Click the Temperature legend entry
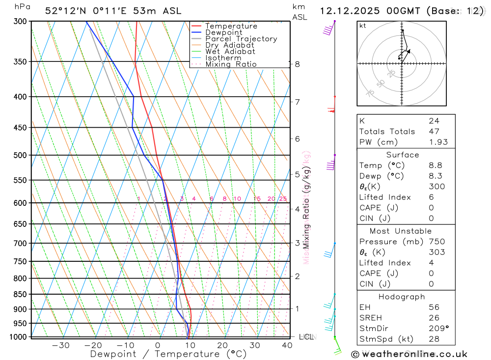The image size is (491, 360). [x=231, y=26]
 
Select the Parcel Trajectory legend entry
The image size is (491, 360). [x=241, y=39]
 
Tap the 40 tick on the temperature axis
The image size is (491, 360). [x=287, y=345]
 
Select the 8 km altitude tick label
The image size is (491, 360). [x=298, y=64]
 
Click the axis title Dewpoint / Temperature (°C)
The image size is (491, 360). [x=168, y=354]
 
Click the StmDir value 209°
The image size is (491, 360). [x=438, y=328]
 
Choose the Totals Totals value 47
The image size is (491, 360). [x=434, y=131]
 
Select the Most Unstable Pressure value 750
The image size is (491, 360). [x=436, y=242]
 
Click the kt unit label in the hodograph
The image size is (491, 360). [x=362, y=26]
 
